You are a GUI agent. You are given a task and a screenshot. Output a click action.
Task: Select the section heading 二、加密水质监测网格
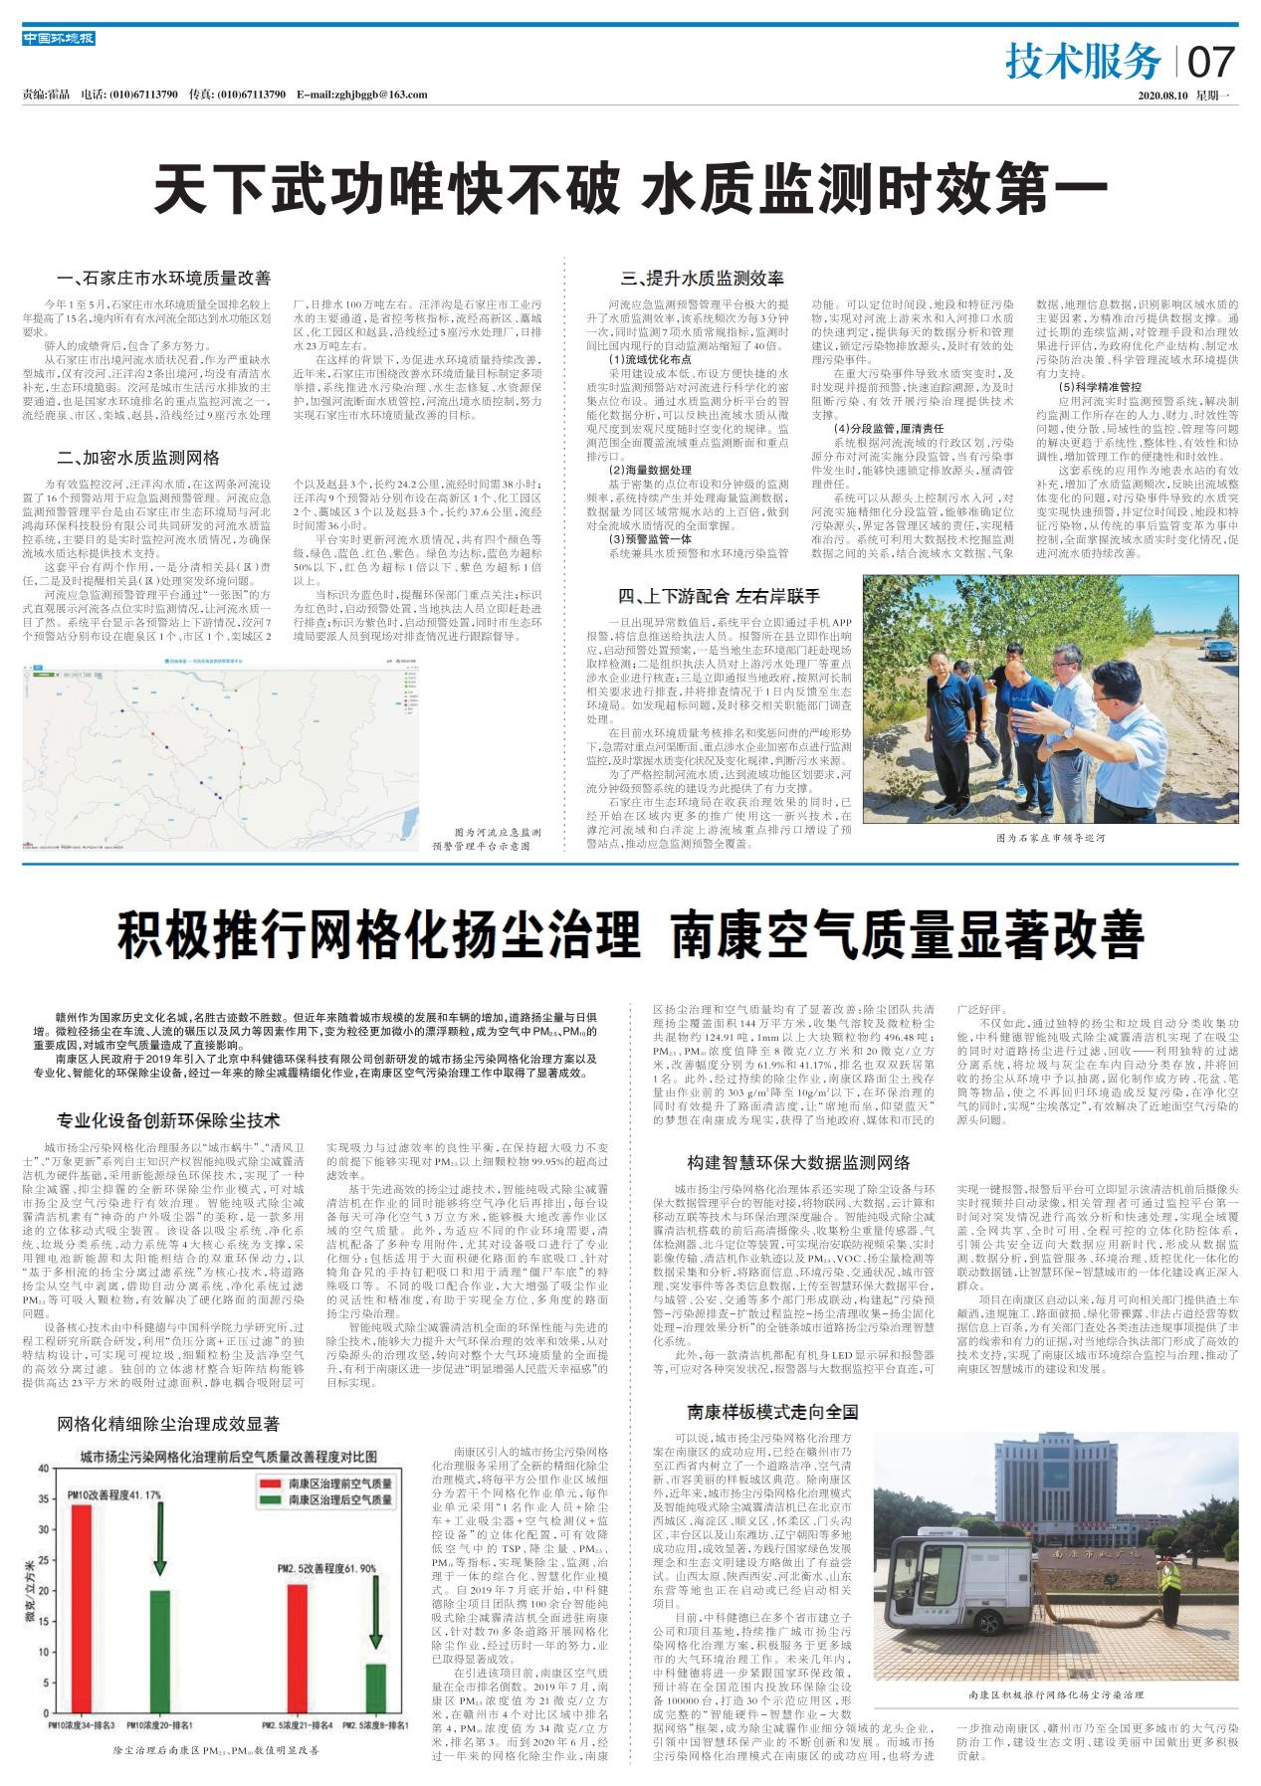click(x=138, y=458)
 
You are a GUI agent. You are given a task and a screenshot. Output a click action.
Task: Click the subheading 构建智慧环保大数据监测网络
click(x=798, y=1162)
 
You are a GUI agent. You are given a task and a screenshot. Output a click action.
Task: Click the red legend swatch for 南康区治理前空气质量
click(x=270, y=1482)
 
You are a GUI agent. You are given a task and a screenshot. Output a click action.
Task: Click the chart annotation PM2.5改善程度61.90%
click(x=327, y=1568)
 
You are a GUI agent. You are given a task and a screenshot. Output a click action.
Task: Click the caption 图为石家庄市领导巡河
click(x=1050, y=839)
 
